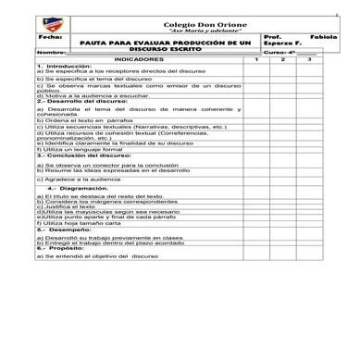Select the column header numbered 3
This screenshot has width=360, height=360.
(310, 59)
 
